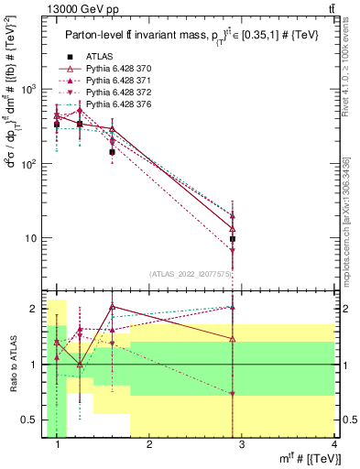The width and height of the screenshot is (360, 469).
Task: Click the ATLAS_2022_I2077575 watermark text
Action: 189,273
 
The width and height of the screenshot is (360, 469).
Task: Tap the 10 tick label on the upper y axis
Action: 30,238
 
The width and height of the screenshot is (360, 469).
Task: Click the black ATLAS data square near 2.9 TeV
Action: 234,238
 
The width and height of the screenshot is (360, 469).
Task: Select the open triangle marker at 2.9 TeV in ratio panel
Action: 234,339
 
